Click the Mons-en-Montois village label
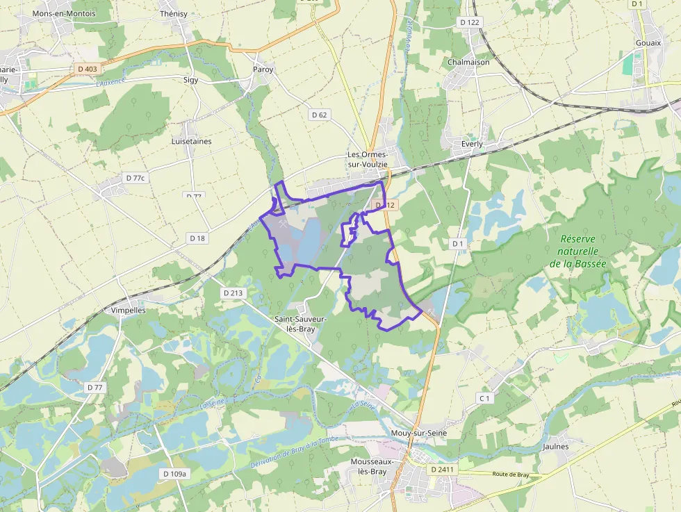pyautogui.click(x=64, y=13)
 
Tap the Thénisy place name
pyautogui.click(x=174, y=13)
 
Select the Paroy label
pyautogui.click(x=263, y=69)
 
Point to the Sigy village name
pyautogui.click(x=190, y=80)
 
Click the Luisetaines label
pyautogui.click(x=191, y=141)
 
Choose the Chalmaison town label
pyautogui.click(x=468, y=62)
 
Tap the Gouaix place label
pyautogui.click(x=648, y=42)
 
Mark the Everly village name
pyautogui.click(x=472, y=144)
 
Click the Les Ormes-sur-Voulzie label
pyautogui.click(x=368, y=159)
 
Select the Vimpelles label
pyautogui.click(x=129, y=311)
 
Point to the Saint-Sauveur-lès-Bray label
pyautogui.click(x=300, y=324)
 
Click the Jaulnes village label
pyautogui.click(x=555, y=447)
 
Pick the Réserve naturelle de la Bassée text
pyautogui.click(x=577, y=251)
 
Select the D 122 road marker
pyautogui.click(x=470, y=23)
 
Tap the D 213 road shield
pyautogui.click(x=233, y=293)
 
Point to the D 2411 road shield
pyautogui.click(x=442, y=470)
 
